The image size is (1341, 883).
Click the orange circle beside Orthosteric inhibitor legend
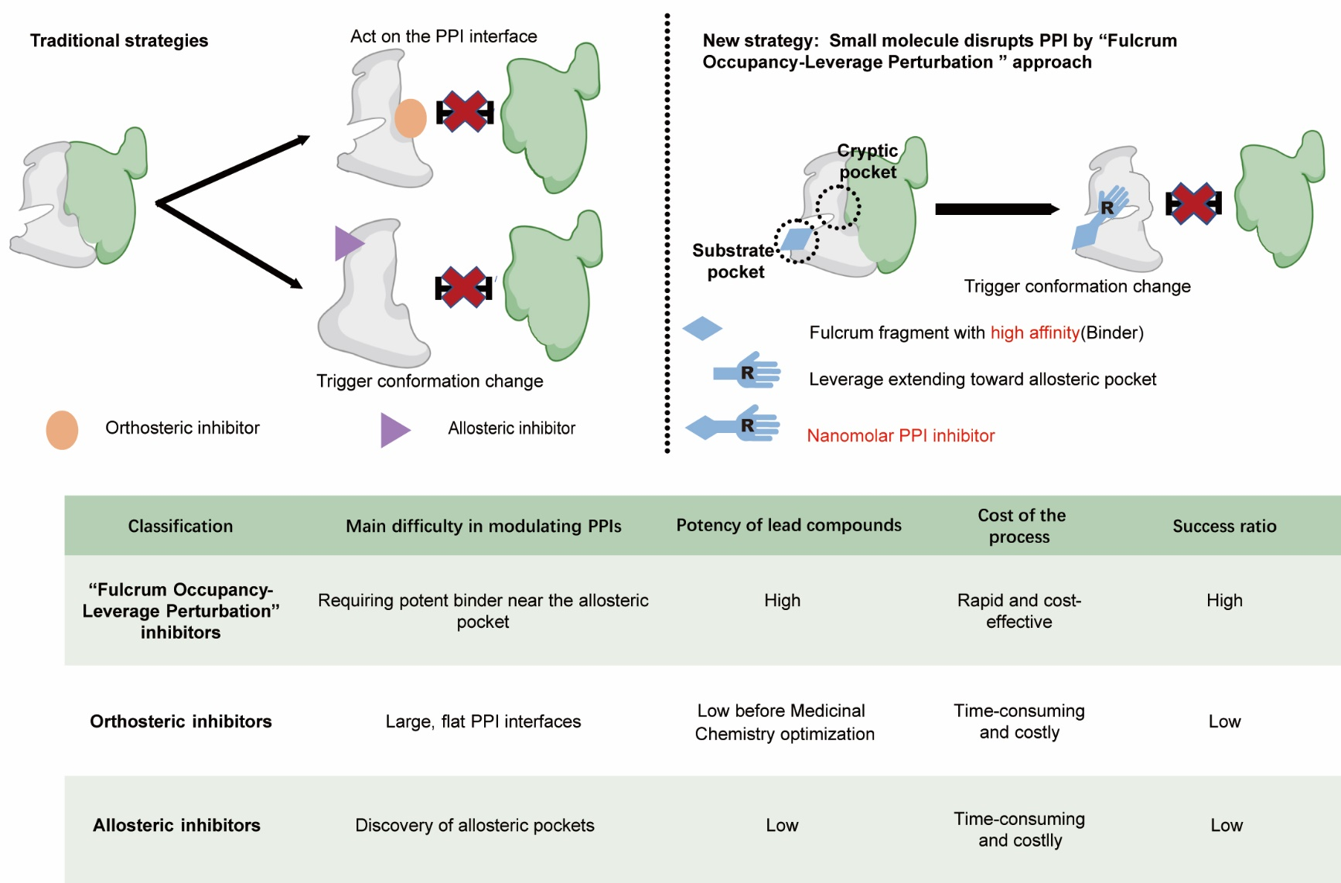[62, 430]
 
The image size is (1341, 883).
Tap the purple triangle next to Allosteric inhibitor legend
[393, 430]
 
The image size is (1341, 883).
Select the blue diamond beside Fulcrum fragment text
[702, 329]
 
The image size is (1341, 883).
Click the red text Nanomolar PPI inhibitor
[900, 435]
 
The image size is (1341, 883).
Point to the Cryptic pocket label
[868, 161]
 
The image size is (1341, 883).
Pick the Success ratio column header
[1224, 527]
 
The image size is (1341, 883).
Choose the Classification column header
[180, 527]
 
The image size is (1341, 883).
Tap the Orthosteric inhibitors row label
[181, 721]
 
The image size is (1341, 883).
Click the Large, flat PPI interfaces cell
[483, 721]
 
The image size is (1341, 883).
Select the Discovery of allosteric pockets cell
[475, 825]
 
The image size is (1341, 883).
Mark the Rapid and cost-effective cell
[1019, 611]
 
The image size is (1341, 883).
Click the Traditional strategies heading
[119, 41]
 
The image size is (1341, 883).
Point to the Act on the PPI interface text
[443, 36]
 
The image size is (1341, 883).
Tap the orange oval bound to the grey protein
[411, 118]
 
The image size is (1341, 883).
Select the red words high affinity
[1035, 332]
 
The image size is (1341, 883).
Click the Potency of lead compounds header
[789, 526]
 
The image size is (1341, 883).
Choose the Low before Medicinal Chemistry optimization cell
[784, 722]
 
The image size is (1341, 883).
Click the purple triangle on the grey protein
[347, 243]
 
